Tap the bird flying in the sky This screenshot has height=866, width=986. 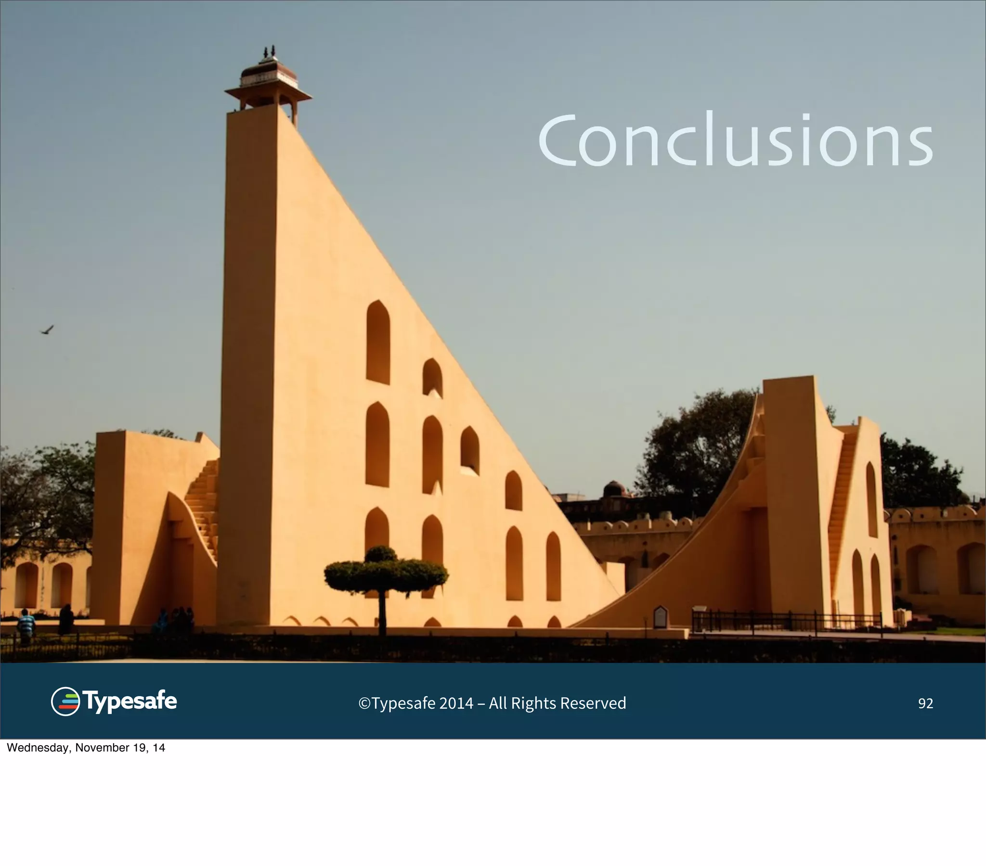coord(47,331)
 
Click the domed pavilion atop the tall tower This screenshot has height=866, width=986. coord(268,77)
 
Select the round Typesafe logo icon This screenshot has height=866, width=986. coord(65,701)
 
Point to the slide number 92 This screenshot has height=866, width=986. coord(925,703)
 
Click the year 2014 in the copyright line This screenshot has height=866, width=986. coord(456,703)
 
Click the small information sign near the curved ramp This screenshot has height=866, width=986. coord(660,617)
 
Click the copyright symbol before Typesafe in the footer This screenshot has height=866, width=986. coord(364,703)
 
